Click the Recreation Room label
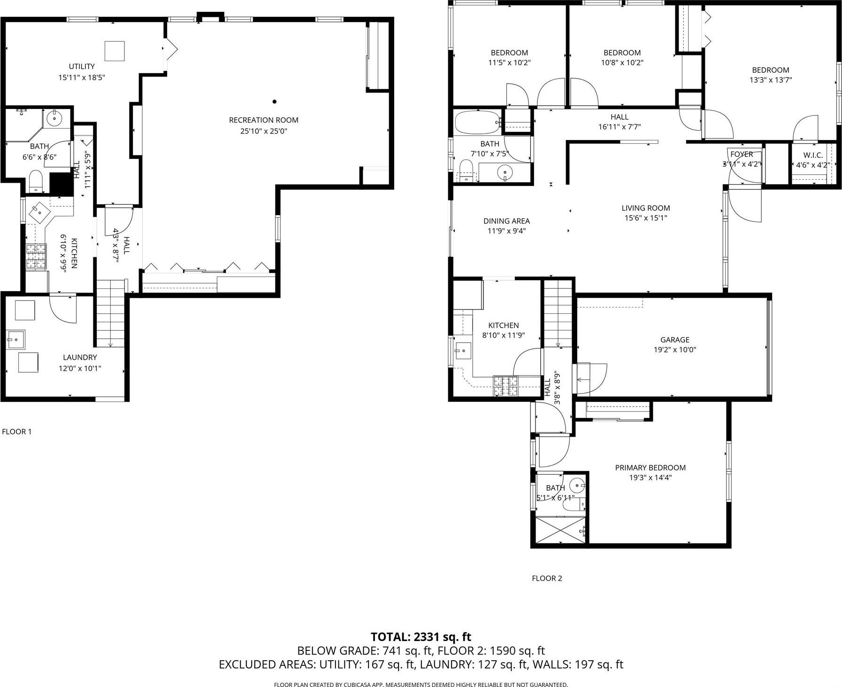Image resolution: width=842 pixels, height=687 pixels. [x=263, y=120]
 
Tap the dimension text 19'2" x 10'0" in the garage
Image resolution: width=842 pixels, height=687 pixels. [x=674, y=350]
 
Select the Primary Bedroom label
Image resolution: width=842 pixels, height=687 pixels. [x=650, y=468]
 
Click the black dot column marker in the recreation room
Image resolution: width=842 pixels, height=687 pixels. [x=275, y=101]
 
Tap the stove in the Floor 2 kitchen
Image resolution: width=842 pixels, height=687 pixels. [x=505, y=386]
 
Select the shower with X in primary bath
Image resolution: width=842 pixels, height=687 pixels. [x=560, y=531]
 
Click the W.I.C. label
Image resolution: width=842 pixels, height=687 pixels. [x=813, y=155]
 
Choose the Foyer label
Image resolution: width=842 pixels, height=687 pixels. [x=742, y=154]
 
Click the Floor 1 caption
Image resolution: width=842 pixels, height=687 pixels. [x=17, y=432]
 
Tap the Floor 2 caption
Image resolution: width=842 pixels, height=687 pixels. [x=546, y=579]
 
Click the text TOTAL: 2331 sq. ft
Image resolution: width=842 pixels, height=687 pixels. [x=421, y=637]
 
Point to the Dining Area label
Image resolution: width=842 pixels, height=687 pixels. [x=506, y=221]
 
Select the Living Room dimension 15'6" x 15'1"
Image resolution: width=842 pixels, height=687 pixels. [x=645, y=218]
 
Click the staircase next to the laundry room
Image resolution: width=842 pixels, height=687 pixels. [x=110, y=312]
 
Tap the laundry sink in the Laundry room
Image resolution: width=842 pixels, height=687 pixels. [x=15, y=339]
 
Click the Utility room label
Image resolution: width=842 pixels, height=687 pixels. [x=82, y=67]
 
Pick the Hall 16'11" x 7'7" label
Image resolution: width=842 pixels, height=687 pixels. [x=620, y=117]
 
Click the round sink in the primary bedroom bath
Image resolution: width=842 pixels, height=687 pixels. [x=577, y=484]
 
